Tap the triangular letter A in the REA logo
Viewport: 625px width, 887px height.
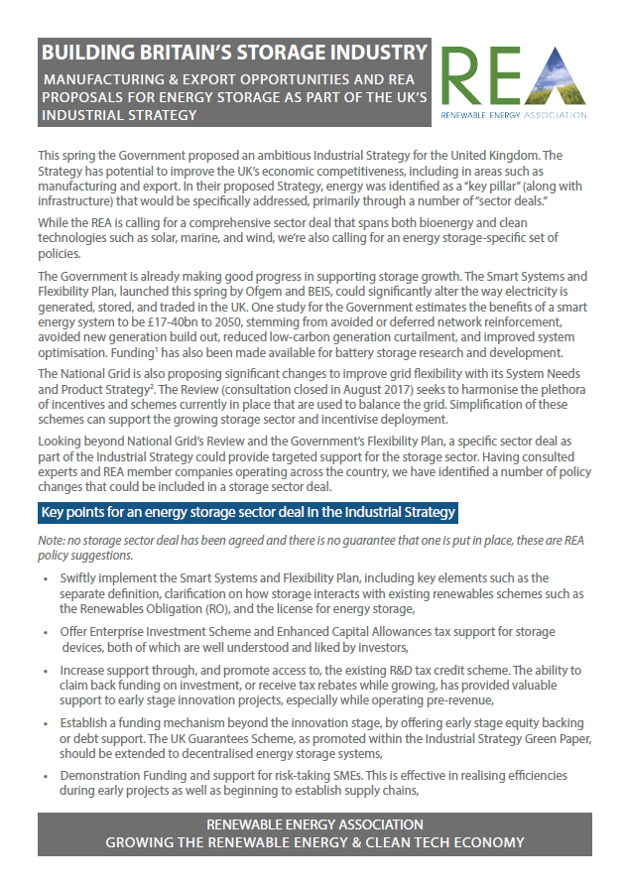559,78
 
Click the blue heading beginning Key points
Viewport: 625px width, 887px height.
248,513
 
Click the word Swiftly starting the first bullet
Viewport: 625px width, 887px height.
82,577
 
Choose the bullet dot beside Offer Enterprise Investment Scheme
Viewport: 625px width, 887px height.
48,632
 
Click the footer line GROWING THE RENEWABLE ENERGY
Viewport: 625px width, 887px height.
313,842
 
